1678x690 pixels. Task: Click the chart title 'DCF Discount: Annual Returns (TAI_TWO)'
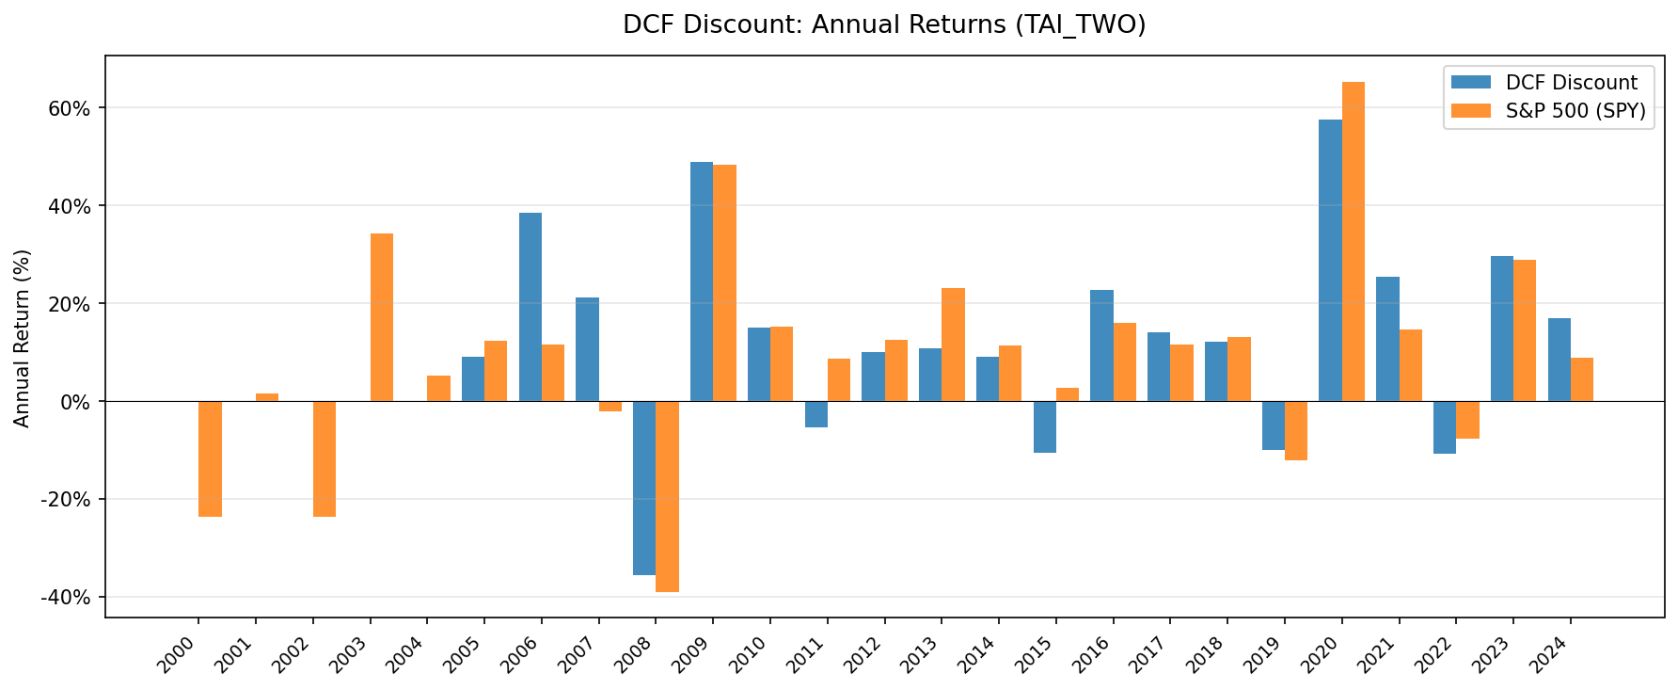coord(883,25)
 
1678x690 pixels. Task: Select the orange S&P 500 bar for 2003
coord(382,317)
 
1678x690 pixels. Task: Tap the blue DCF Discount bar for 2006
coord(530,307)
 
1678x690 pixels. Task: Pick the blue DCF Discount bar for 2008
coord(644,488)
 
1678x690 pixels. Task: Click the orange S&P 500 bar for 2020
coord(1353,242)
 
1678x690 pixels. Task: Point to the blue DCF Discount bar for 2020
coord(1330,261)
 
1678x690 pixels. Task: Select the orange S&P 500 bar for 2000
coord(211,458)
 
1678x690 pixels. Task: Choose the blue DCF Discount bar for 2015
coord(1045,426)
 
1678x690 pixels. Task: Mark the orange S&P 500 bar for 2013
coord(954,345)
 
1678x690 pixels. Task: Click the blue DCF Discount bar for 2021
coord(1387,339)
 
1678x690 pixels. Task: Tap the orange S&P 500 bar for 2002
coord(325,458)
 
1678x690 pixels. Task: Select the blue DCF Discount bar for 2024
coord(1559,360)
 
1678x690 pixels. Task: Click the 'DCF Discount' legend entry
coord(1571,83)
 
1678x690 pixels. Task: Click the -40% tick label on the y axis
coord(68,598)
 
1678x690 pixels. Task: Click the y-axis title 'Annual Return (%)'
coord(23,338)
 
